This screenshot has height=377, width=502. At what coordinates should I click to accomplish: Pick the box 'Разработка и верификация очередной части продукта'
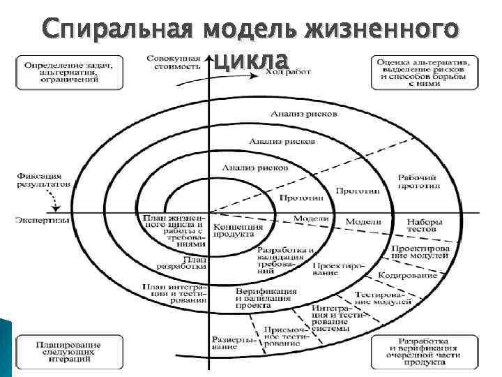425,353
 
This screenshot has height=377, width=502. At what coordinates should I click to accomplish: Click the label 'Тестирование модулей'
379,296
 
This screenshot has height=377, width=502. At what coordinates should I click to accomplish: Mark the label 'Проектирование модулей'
420,252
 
